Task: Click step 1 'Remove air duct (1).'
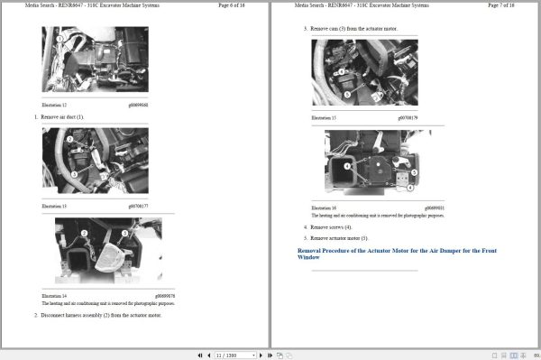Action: (61, 117)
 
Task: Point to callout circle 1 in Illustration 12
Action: (60, 40)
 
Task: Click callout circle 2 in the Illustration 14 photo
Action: (85, 233)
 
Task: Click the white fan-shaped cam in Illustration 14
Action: (114, 258)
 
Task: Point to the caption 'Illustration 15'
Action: (324, 118)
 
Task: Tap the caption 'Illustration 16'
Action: (324, 208)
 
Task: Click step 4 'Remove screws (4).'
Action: (331, 227)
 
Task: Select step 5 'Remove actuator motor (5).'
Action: (339, 238)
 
